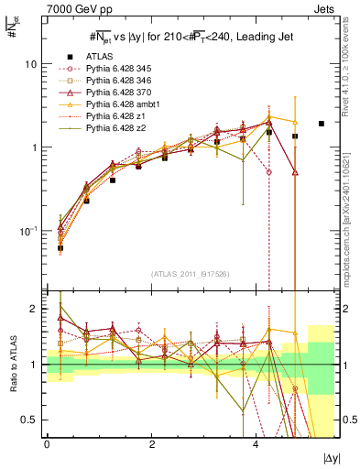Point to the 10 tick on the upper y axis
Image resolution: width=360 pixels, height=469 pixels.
(x=31, y=65)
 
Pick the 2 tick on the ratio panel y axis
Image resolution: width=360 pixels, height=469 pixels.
(x=34, y=309)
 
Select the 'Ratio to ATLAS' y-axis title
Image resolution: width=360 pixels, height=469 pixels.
(x=11, y=364)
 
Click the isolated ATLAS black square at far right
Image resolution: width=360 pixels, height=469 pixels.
(x=322, y=124)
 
